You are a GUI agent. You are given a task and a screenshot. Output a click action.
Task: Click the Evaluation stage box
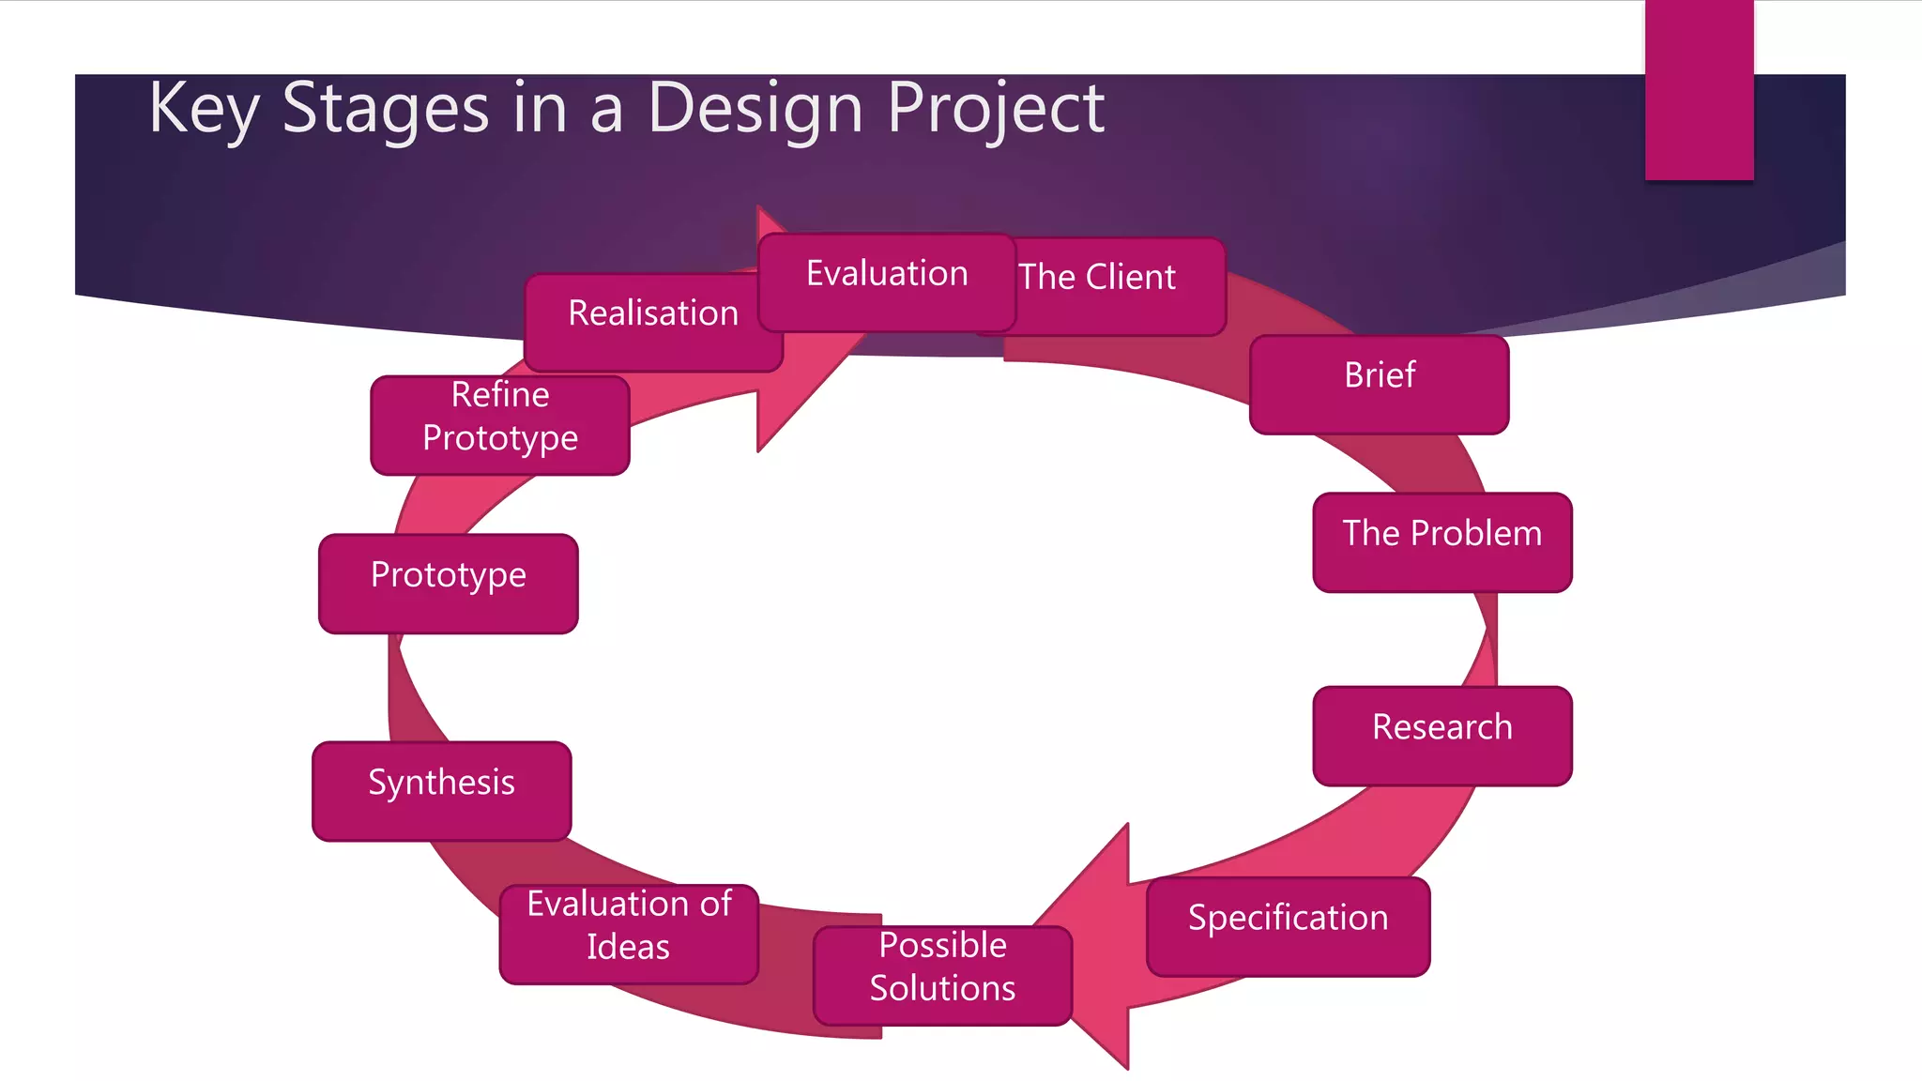(887, 282)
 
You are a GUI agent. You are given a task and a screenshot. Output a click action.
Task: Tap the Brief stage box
(1379, 384)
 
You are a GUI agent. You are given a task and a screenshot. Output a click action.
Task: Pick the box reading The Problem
(1441, 541)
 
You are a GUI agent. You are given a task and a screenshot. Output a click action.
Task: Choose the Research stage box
(1441, 736)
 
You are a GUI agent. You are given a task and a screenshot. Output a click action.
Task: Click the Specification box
(1288, 926)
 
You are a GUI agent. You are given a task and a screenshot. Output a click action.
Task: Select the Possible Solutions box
(942, 975)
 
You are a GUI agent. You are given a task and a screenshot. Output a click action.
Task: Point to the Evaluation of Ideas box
(629, 934)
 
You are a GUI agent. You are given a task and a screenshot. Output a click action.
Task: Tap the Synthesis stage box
(441, 791)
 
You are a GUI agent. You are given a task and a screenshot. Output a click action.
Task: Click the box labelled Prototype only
(448, 583)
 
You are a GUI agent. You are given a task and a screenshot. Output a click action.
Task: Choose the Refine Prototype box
(499, 425)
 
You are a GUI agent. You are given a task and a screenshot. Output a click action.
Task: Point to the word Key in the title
(203, 110)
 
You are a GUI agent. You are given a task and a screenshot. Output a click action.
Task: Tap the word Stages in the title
(385, 110)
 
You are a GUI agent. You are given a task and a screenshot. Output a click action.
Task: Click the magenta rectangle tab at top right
(1699, 89)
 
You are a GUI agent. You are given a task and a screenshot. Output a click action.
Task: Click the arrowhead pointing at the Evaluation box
(798, 375)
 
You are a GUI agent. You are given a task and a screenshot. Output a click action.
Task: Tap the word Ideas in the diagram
(628, 947)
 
